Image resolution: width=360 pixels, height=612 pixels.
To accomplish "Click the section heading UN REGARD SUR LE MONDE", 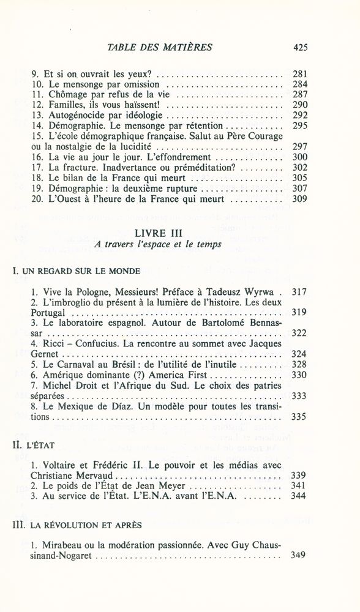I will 80,270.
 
